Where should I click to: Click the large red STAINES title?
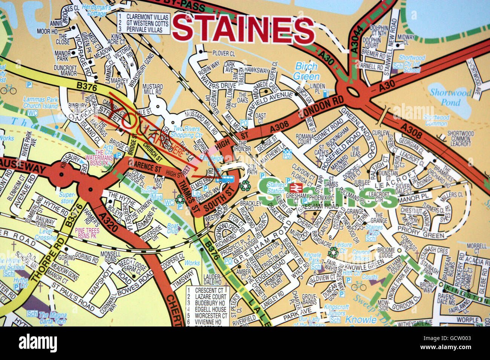coord(243,29)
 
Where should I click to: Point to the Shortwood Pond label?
coord(450,97)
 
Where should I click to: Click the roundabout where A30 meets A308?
coord(353,92)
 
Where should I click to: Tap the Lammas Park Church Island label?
coord(41,103)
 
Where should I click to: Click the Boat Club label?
coord(172,229)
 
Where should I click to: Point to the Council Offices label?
coord(361,255)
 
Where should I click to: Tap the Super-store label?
coord(67,198)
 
